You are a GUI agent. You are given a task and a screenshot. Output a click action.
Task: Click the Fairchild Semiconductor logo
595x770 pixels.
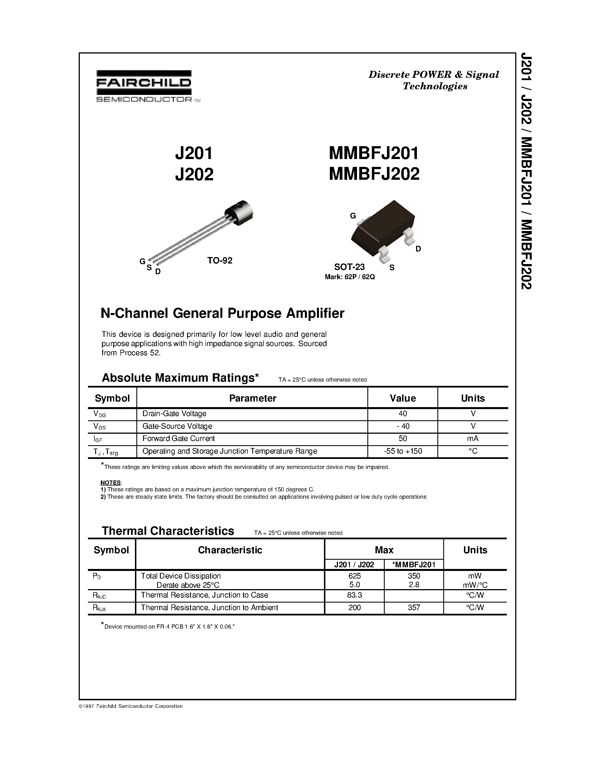[144, 86]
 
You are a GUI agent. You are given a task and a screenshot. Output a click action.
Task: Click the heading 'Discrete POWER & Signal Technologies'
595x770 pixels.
[434, 80]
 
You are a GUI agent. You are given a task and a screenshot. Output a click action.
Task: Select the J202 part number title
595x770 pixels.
[194, 174]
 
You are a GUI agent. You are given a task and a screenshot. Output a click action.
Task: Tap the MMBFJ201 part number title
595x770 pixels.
[374, 153]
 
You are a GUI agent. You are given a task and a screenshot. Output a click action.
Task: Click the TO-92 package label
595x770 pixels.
[220, 261]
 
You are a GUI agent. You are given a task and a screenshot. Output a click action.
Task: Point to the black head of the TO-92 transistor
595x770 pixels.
[240, 212]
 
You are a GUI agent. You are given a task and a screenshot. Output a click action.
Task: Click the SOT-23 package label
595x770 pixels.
[349, 267]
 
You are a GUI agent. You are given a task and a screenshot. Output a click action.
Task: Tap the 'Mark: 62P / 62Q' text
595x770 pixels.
[350, 277]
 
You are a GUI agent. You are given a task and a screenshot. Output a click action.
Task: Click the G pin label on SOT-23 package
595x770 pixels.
[353, 216]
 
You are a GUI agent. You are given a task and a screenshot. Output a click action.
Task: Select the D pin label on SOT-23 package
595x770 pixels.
[418, 249]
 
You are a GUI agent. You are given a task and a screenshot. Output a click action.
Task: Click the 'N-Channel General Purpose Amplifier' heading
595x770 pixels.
[222, 313]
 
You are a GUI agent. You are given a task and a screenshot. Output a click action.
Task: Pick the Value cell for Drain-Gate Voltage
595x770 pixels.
[403, 414]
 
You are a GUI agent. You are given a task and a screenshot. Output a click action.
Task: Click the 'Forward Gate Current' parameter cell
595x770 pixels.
[178, 438]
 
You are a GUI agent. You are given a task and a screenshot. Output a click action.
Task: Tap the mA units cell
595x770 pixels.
[473, 438]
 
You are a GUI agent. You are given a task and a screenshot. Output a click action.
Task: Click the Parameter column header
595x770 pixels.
[252, 398]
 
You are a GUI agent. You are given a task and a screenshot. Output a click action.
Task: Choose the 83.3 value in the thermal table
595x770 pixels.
[354, 595]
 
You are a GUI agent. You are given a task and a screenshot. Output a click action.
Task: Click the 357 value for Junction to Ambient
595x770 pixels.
[414, 608]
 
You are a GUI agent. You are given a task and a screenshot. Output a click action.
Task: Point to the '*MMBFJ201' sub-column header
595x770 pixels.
[414, 564]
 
